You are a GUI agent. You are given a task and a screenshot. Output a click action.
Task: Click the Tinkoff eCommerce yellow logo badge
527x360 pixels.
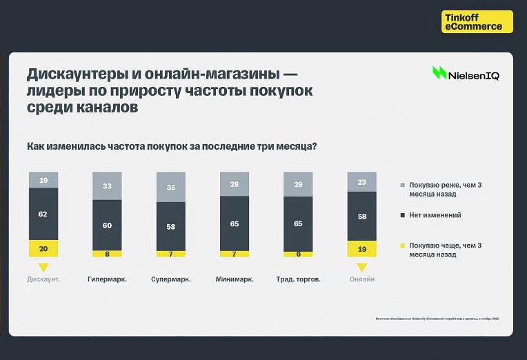point(477,21)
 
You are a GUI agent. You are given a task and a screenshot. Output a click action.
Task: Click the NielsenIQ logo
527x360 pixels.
point(466,74)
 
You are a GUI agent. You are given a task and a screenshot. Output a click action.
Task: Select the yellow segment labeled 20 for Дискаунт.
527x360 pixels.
point(43,248)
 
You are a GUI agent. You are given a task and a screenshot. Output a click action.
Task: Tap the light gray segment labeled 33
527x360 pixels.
point(107,186)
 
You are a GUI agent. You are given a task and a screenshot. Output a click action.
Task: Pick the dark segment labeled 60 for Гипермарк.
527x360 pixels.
point(107,225)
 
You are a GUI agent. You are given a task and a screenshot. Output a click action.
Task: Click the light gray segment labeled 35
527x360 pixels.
point(170,187)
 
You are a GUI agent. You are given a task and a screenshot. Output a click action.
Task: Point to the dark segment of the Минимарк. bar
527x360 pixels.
point(235,223)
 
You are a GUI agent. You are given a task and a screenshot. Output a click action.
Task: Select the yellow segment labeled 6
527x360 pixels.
point(299,254)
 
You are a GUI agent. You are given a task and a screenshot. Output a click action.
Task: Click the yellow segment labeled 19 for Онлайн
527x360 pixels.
point(361,248)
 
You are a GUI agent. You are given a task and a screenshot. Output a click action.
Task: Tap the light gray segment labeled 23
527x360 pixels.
point(361,181)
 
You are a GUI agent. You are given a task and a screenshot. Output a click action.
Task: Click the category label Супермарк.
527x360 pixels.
point(170,279)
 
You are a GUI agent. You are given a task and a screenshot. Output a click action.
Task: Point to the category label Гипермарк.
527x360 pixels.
point(107,279)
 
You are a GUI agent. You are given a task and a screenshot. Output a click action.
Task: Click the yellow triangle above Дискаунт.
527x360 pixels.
point(43,267)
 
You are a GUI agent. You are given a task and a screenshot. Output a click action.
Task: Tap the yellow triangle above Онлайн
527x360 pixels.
point(361,267)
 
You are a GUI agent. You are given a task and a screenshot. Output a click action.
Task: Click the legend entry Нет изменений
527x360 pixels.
point(435,215)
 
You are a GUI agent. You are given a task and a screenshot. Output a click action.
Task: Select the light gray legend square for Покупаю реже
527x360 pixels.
point(403,186)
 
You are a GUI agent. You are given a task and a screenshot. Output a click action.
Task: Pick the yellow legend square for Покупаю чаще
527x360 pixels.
point(403,246)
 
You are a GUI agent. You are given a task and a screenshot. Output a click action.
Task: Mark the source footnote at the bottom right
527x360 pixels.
point(437,318)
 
